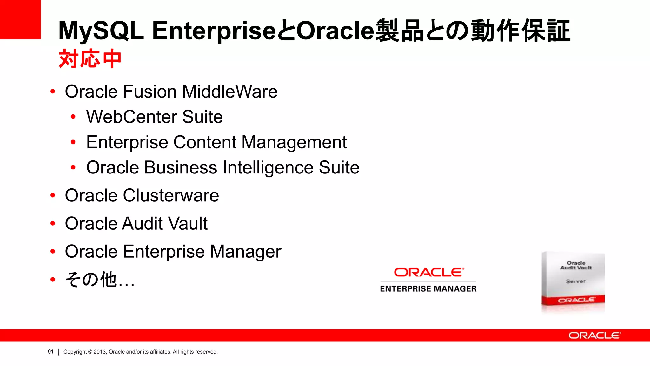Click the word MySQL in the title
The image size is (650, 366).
click(101, 31)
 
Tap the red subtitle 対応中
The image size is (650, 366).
click(90, 59)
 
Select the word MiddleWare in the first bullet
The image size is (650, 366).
click(230, 91)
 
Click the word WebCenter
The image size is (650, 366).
click(130, 117)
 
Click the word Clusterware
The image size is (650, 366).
click(171, 195)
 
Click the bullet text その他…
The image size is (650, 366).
click(100, 280)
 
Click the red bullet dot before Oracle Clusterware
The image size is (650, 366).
click(53, 195)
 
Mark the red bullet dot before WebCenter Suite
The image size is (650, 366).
click(73, 117)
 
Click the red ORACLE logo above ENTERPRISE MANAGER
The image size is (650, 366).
click(428, 272)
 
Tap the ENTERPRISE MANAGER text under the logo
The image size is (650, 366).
click(428, 289)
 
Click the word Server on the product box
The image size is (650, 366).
click(575, 281)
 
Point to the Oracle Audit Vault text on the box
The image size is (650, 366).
click(576, 265)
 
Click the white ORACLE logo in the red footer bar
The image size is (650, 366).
click(594, 335)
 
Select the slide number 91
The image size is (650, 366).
click(51, 352)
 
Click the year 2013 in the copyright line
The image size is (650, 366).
click(99, 352)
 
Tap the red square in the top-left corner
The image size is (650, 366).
click(20, 19)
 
